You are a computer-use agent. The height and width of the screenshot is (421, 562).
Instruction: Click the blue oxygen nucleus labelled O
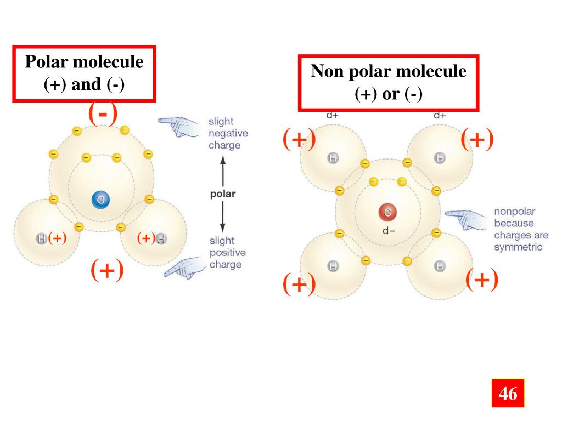pyautogui.click(x=100, y=201)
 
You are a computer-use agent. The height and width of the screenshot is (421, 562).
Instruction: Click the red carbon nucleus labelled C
pyautogui.click(x=387, y=213)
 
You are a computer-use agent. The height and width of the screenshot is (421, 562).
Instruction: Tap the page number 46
pyautogui.click(x=508, y=393)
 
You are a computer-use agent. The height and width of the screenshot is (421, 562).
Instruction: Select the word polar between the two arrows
pyautogui.click(x=223, y=194)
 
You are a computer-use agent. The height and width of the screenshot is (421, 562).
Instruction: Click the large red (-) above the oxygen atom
pyautogui.click(x=103, y=114)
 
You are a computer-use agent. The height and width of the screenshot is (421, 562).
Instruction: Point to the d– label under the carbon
pyautogui.click(x=389, y=230)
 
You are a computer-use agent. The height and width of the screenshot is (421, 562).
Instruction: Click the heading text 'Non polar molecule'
pyautogui.click(x=389, y=71)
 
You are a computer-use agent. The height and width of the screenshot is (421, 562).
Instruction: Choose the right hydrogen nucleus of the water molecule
pyautogui.click(x=161, y=238)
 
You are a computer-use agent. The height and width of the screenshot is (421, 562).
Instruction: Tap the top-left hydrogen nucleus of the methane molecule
pyautogui.click(x=333, y=159)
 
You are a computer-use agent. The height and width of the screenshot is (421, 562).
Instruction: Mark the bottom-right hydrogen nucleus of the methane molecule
pyautogui.click(x=440, y=267)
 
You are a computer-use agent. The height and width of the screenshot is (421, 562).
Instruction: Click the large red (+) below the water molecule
pyautogui.click(x=107, y=270)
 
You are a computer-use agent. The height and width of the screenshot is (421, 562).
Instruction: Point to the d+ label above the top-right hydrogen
pyautogui.click(x=440, y=115)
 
